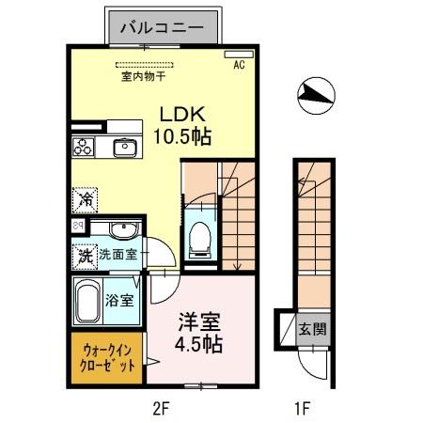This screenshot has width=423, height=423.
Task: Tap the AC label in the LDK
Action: pyautogui.click(x=239, y=65)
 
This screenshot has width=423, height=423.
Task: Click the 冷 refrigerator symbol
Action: pyautogui.click(x=86, y=199)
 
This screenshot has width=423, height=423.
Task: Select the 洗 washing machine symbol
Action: pyautogui.click(x=85, y=254)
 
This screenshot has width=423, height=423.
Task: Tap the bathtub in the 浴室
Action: pyautogui.click(x=86, y=303)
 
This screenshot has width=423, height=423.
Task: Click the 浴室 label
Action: pyautogui.click(x=119, y=301)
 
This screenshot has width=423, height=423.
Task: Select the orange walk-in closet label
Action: pyautogui.click(x=104, y=357)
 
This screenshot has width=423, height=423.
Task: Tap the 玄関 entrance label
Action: pyautogui.click(x=312, y=329)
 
